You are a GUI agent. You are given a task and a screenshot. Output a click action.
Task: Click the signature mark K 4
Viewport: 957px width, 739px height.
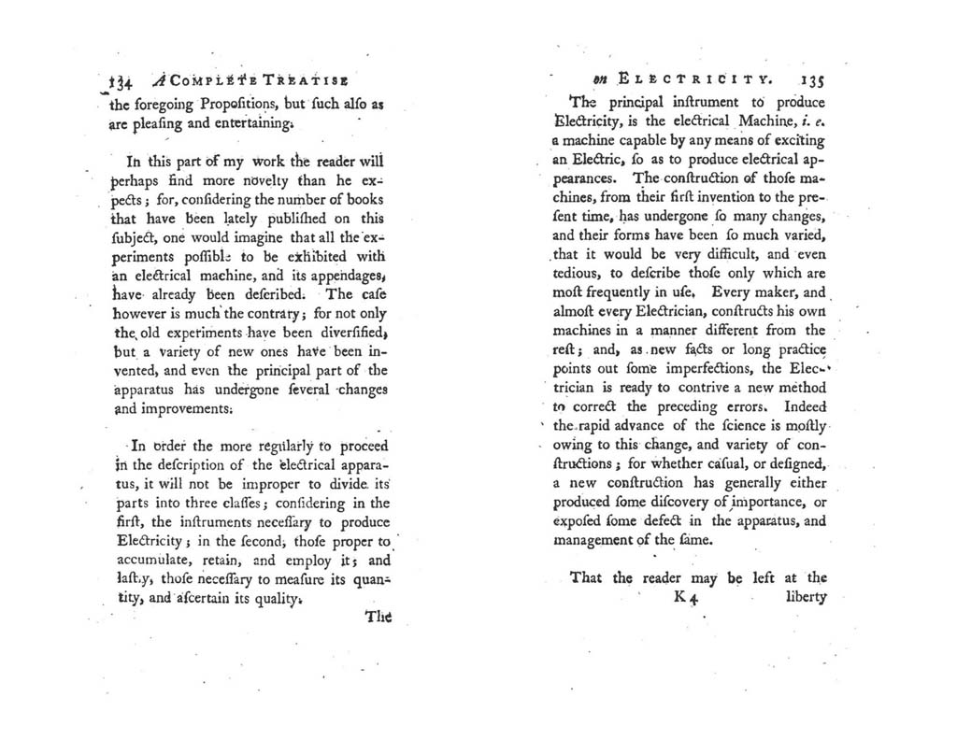point(686,598)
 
